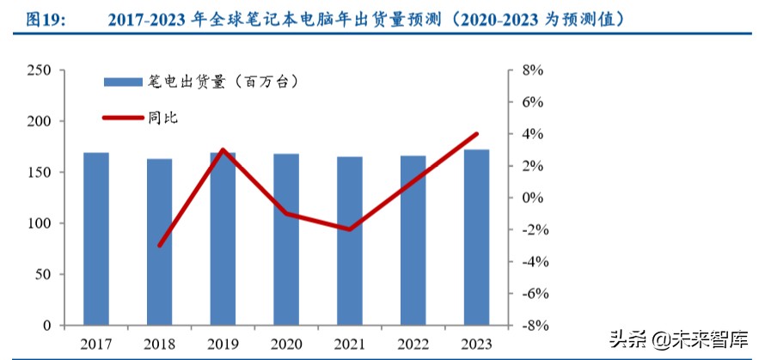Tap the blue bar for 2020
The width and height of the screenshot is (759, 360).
coord(286,240)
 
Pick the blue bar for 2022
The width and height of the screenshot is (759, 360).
coord(413,241)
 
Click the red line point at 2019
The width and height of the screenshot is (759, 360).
coord(223,149)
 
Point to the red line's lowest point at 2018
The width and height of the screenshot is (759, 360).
coord(160,246)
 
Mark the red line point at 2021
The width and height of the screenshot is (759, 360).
coord(349,229)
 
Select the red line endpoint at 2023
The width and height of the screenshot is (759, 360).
coord(476,134)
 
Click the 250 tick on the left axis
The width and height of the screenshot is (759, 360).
coord(39,70)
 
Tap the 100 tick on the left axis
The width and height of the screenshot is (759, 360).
coord(39,223)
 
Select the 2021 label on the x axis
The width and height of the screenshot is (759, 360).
coord(349,345)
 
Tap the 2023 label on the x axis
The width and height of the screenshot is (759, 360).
coord(476,345)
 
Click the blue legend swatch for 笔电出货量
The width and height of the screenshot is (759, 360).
coord(121,82)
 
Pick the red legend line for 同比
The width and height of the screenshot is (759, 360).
coord(121,118)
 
